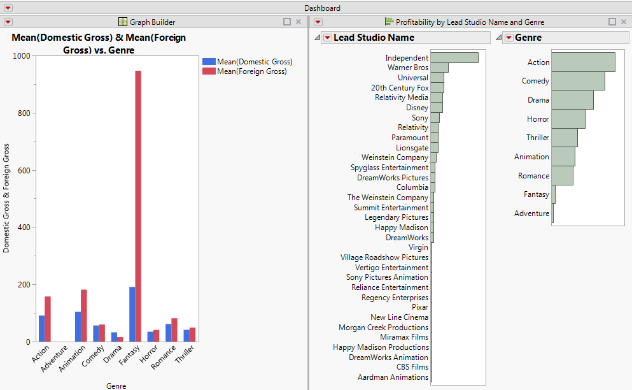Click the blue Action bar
pyautogui.click(x=41, y=328)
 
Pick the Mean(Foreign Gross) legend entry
pyautogui.click(x=251, y=71)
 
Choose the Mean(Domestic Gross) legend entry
pyautogui.click(x=254, y=62)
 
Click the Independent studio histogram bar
pyautogui.click(x=454, y=58)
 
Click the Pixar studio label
pyautogui.click(x=419, y=307)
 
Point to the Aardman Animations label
pyautogui.click(x=393, y=377)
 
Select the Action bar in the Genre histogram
pyautogui.click(x=583, y=62)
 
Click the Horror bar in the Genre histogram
pyautogui.click(x=568, y=119)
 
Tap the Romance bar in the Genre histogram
pyautogui.click(x=562, y=176)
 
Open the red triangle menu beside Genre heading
pyautogui.click(x=509, y=38)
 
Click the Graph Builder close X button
pyautogui.click(x=298, y=22)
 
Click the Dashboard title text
pyautogui.click(x=322, y=8)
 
